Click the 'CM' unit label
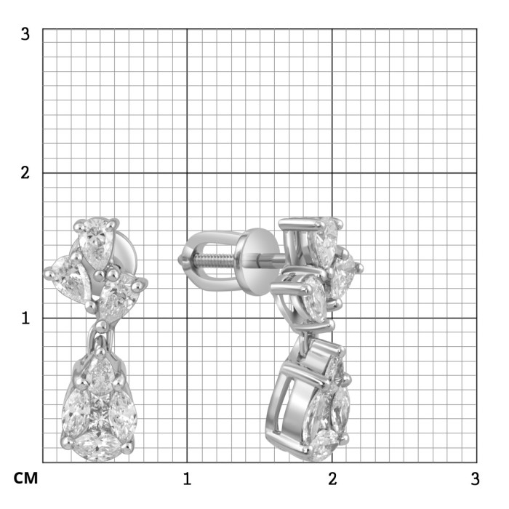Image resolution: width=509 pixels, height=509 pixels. click(25, 478)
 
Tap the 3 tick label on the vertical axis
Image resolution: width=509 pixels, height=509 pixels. click(25, 33)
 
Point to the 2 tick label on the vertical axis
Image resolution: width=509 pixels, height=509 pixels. click(25, 173)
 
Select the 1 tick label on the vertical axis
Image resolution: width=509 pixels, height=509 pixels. click(25, 318)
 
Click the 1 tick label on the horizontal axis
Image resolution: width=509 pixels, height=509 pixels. click(187, 478)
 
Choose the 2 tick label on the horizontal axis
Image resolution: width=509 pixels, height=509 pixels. click(332, 478)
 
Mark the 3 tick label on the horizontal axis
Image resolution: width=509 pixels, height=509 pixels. click(475, 478)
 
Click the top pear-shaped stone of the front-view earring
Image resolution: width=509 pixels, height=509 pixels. click(96, 243)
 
